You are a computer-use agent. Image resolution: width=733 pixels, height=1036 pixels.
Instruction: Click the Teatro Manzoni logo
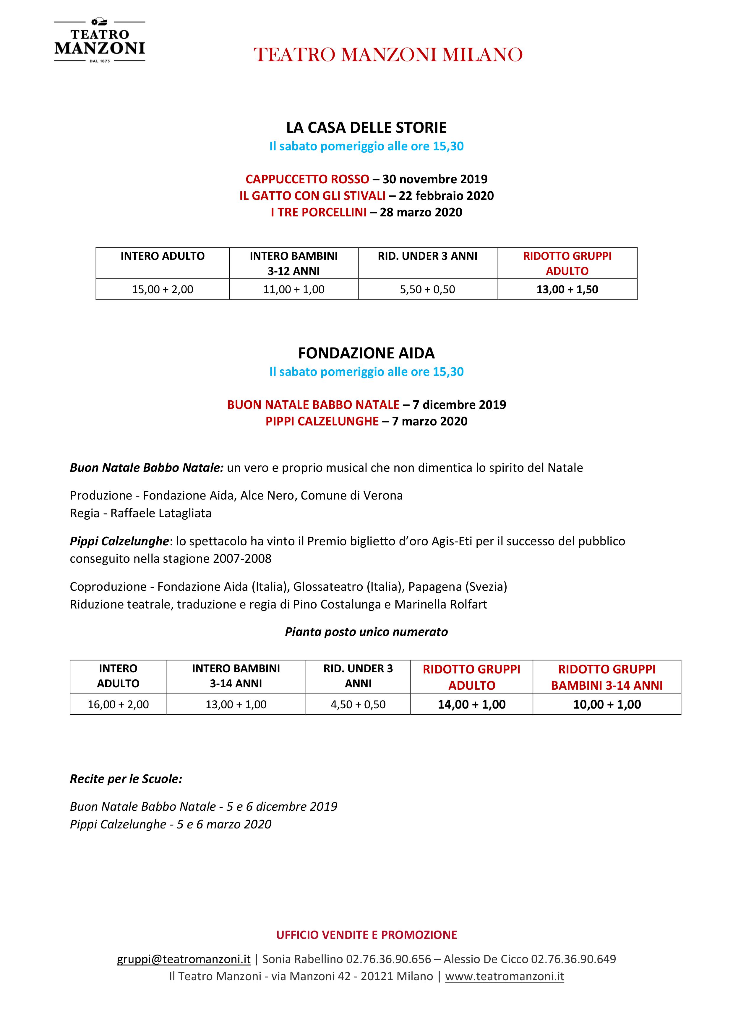point(99,41)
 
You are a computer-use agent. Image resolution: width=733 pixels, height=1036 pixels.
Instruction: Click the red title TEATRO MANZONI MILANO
point(388,55)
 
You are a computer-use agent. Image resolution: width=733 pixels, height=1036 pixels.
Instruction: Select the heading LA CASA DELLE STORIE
point(366,128)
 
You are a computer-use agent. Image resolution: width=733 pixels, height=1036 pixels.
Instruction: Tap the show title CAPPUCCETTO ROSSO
point(307,179)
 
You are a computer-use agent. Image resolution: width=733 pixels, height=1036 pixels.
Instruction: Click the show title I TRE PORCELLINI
point(318,213)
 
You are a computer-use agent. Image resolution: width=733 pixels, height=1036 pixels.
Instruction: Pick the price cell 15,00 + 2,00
point(163,289)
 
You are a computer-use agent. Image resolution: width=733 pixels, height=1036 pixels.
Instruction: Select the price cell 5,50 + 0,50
point(427,289)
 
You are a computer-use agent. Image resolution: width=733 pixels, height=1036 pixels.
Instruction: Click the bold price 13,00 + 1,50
point(567,289)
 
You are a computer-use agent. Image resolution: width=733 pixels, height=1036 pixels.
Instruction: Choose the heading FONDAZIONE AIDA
point(366,353)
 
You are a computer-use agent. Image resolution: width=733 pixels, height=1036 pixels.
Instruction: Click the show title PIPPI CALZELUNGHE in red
point(322,421)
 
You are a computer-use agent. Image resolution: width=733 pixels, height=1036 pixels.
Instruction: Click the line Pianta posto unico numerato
point(366,632)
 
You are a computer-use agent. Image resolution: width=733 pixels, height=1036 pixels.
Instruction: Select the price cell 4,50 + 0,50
point(358,704)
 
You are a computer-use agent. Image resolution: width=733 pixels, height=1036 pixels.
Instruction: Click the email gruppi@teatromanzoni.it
point(183,959)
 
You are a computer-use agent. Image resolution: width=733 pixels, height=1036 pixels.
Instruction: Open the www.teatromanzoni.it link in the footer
point(505,976)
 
